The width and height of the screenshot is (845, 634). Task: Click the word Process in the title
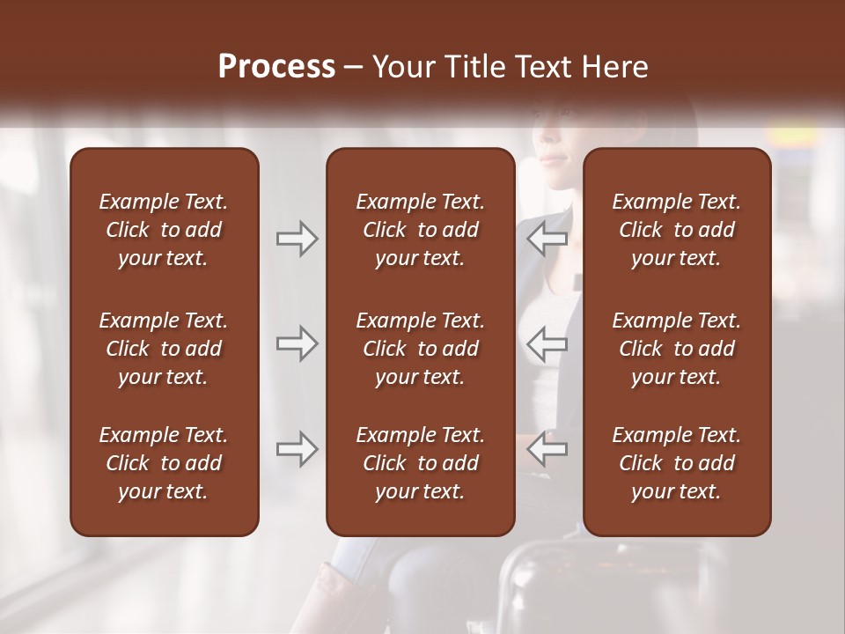[x=276, y=67]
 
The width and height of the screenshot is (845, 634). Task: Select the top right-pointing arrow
[x=298, y=239]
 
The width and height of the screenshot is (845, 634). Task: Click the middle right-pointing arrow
[x=298, y=343]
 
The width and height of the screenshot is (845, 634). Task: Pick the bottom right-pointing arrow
[x=298, y=449]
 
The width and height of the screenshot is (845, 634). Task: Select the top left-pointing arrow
[x=547, y=239]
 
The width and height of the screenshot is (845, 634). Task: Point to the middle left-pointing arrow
[x=547, y=343]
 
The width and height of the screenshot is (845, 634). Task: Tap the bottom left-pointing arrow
[x=547, y=449]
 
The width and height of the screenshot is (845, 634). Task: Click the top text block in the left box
[x=164, y=230]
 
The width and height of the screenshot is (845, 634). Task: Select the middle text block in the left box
[x=164, y=349]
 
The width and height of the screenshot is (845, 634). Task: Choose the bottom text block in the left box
[x=164, y=463]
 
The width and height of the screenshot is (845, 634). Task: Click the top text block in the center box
[x=421, y=230]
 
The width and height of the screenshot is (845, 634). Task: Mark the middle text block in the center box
[x=421, y=349]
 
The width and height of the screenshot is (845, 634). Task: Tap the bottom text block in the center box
[x=421, y=463]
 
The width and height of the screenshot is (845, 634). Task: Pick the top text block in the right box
[x=677, y=230]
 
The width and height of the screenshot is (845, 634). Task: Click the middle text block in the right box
[x=677, y=349]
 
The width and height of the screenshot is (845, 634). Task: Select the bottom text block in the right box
[x=677, y=463]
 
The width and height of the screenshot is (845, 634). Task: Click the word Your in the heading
[x=402, y=67]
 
